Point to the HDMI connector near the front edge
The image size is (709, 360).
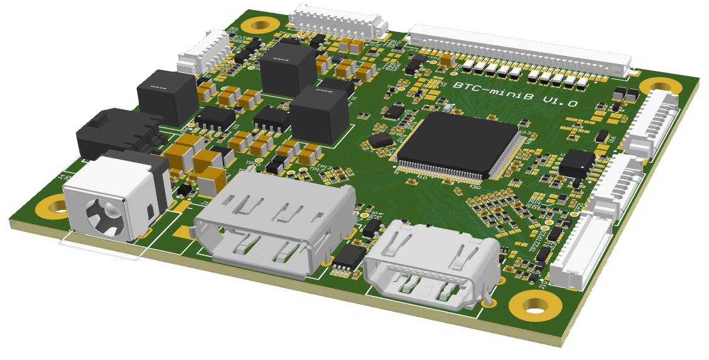pos(432,263)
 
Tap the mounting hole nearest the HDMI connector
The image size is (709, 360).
pos(535,305)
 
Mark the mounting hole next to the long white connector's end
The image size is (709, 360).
pos(660,87)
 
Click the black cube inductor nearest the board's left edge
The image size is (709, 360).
pos(167,95)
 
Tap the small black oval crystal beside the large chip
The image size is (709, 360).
pos(381,139)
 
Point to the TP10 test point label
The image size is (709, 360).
pos(252,164)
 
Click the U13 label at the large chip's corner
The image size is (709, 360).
pos(525,133)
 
